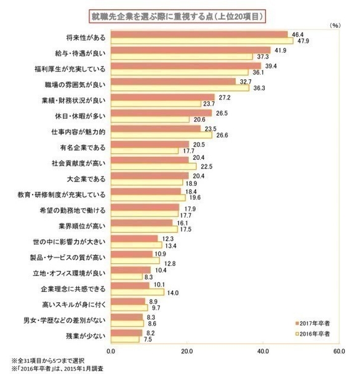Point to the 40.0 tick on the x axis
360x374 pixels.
pos(263,352)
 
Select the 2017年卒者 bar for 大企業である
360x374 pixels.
pos(150,176)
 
